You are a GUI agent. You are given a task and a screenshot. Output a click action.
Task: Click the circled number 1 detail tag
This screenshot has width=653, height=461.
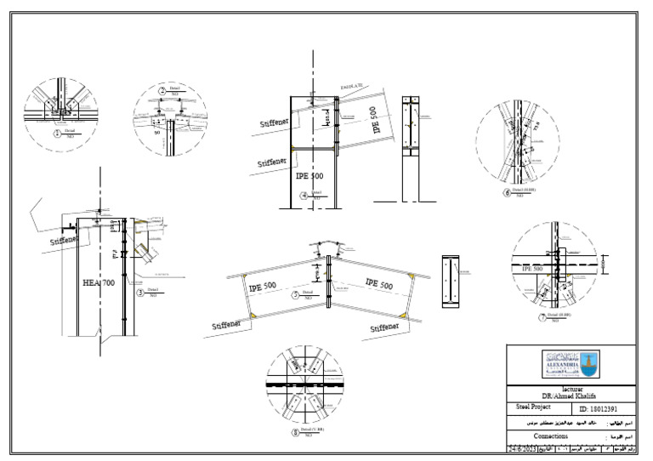tap(57, 133)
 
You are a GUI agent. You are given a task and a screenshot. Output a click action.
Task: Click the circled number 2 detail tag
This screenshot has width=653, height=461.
tap(162, 90)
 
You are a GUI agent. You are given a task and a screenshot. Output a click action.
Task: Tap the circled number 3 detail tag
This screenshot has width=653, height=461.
tap(139, 293)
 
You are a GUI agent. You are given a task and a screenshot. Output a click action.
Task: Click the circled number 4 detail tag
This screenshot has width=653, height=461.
tap(304, 195)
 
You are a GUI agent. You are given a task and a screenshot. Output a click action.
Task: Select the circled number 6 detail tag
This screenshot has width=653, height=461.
tap(508, 193)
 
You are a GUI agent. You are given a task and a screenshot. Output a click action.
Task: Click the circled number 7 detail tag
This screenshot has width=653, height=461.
tap(542, 318)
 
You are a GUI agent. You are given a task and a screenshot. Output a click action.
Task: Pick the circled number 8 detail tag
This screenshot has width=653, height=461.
tap(295, 431)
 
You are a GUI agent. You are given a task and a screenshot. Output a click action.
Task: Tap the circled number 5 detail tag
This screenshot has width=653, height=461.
tap(295, 295)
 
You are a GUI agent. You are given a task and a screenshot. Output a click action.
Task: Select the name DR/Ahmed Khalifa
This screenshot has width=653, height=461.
tap(570, 396)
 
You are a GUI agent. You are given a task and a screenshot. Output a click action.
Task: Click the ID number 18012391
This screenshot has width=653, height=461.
tap(606, 409)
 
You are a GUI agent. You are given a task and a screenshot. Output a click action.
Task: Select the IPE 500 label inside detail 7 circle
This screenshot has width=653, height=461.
tap(532, 269)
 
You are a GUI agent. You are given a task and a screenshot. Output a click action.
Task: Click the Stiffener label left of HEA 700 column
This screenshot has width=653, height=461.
tap(63, 241)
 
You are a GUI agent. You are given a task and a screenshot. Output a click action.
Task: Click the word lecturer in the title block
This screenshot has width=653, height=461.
tap(570, 387)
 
